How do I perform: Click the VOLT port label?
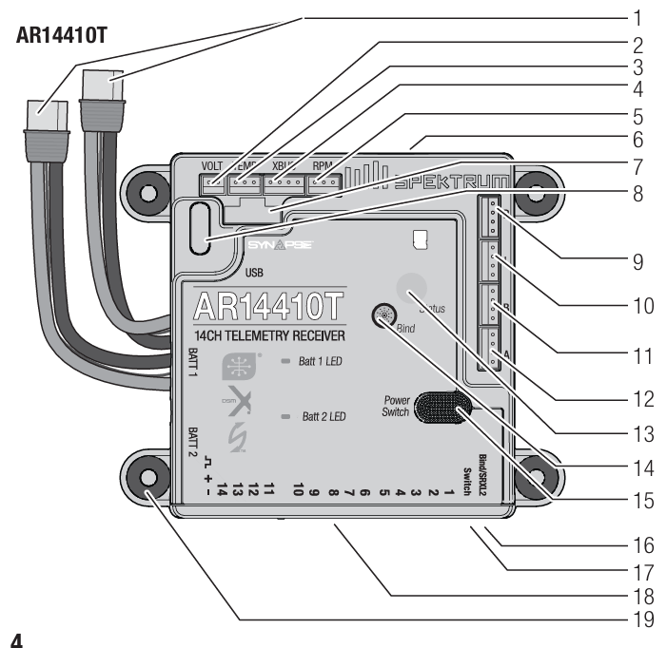coord(212,164)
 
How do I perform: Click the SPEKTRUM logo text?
coord(456,181)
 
